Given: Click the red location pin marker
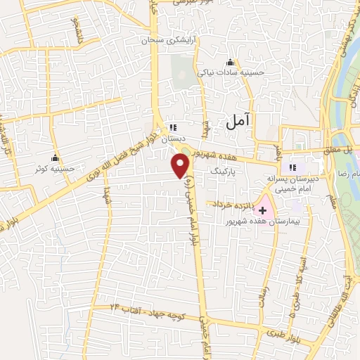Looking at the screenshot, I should click(181, 166).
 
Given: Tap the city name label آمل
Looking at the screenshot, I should click(238, 121).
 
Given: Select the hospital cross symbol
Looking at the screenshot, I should click(264, 210).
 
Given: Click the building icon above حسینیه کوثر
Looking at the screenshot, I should click(54, 157).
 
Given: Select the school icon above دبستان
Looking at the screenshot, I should click(172, 127).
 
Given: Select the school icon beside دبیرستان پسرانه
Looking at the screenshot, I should click(292, 168).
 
